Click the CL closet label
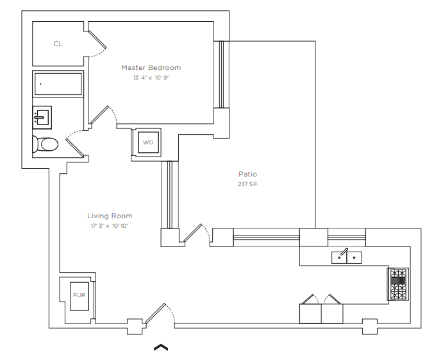[x=58, y=44]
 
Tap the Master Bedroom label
[x=151, y=67]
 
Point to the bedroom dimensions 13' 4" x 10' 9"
[x=151, y=78]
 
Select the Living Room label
[x=110, y=216]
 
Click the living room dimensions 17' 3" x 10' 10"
[x=110, y=226]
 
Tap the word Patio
[x=247, y=174]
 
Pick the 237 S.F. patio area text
[x=248, y=184]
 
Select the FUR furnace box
[x=79, y=296]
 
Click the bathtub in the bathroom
[x=58, y=83]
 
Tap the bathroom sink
[x=42, y=117]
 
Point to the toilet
[x=46, y=144]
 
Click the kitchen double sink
[x=346, y=257]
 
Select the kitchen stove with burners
[x=397, y=284]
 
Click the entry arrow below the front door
[x=161, y=347]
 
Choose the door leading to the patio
[x=197, y=234]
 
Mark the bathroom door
[x=75, y=143]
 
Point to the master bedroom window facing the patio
[x=221, y=74]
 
